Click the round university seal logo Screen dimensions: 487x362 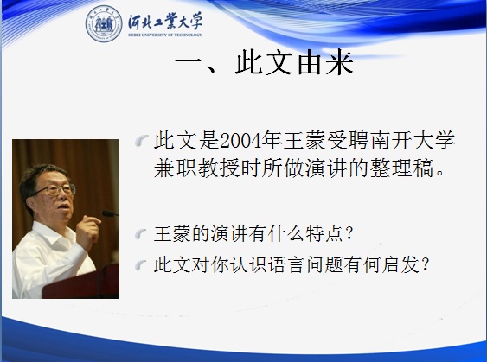pos(104,23)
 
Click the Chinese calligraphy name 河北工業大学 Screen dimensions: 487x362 pos(165,22)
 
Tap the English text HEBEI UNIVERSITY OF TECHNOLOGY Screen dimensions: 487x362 pos(165,35)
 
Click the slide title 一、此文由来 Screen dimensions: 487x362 pos(265,63)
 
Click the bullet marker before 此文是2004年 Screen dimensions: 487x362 pos(142,141)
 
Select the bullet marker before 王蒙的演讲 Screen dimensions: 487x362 pos(141,234)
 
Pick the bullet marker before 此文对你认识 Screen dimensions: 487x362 pos(141,265)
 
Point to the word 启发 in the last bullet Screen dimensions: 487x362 pos(400,265)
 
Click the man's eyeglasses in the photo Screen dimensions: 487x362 pos(56,189)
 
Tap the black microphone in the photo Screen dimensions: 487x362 pos(110,213)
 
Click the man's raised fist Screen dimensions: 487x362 pos(87,230)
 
